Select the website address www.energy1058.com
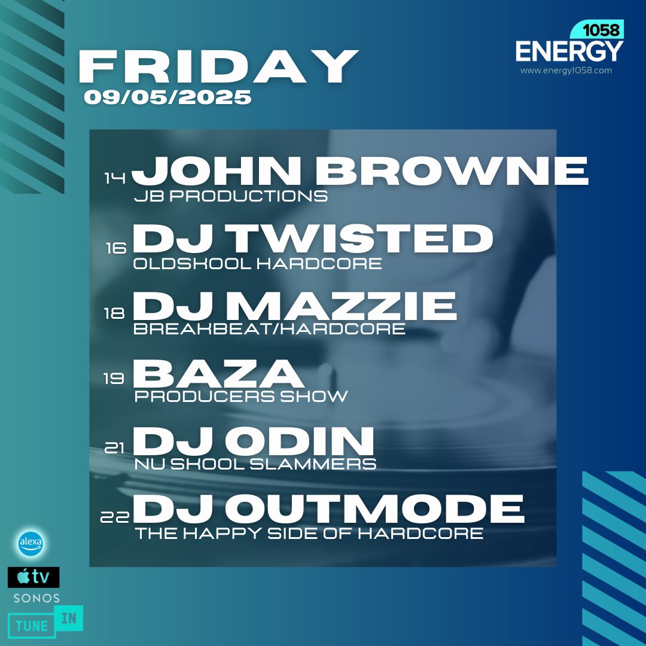566,71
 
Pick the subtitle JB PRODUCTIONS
231,196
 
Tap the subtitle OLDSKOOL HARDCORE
258,264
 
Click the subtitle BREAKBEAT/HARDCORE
270,330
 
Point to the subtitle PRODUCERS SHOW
241,397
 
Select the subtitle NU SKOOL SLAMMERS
255,464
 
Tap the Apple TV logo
33,577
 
